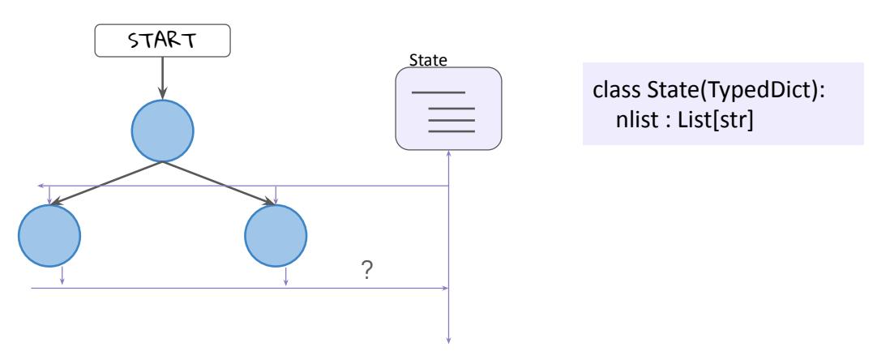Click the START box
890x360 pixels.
(x=162, y=41)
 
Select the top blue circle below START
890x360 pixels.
(x=162, y=130)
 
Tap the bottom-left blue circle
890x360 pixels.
(x=49, y=235)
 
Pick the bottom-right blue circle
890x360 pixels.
(x=276, y=235)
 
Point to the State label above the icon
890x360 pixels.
(x=428, y=61)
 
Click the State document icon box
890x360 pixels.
(x=448, y=109)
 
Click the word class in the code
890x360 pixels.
(x=614, y=91)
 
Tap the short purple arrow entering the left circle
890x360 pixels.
(x=49, y=195)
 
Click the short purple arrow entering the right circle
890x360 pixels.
(x=276, y=195)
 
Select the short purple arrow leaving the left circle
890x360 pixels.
(x=62, y=276)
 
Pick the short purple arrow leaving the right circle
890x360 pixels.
(x=286, y=276)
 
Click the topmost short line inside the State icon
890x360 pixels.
(x=439, y=92)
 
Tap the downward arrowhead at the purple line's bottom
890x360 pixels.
(x=448, y=340)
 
